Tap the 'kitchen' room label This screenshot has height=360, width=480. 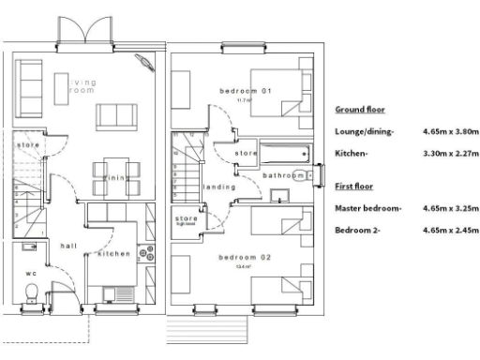pos(113,254)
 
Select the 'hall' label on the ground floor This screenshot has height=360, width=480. pos(68,246)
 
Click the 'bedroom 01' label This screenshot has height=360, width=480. pos(245,91)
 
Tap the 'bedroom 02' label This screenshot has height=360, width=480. pos(245,257)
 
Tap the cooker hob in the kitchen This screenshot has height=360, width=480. pos(145,252)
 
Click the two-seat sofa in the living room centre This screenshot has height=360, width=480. pos(117,115)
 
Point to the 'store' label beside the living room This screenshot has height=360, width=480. pos(27,146)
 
